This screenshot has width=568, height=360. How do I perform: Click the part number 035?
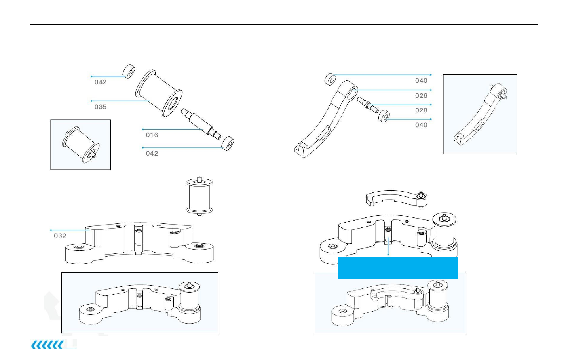click(x=101, y=107)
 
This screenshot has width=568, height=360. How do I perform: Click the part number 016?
click(x=152, y=135)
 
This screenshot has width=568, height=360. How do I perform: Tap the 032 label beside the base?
click(x=60, y=236)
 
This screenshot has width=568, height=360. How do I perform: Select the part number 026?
click(x=421, y=96)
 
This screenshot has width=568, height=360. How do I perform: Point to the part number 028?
click(x=421, y=110)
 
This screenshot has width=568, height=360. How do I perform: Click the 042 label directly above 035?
click(x=101, y=82)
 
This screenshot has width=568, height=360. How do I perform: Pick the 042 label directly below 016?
click(x=152, y=154)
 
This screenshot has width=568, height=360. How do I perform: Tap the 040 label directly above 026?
click(x=421, y=81)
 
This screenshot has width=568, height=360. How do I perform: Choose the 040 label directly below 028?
click(x=421, y=125)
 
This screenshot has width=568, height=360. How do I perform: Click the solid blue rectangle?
click(x=397, y=268)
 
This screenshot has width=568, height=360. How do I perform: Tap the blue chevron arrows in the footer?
click(x=47, y=345)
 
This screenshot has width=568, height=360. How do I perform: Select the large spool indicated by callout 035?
click(x=159, y=93)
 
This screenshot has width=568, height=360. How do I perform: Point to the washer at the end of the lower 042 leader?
click(x=228, y=144)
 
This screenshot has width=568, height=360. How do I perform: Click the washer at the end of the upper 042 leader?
click(x=129, y=71)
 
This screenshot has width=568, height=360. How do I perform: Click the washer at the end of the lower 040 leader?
click(x=384, y=116)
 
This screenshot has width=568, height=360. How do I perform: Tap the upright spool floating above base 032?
click(x=199, y=196)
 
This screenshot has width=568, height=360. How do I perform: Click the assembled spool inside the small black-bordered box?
click(x=81, y=145)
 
